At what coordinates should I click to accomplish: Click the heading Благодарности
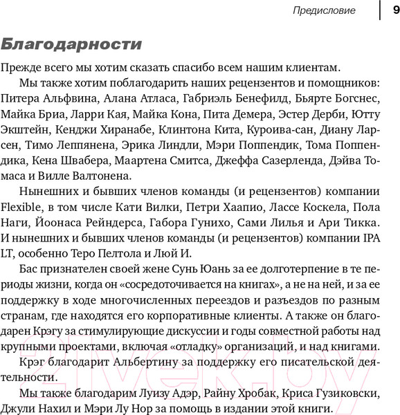coord(72,44)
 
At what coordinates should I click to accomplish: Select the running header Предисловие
coord(324,10)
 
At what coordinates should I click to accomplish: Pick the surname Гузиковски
coord(340,394)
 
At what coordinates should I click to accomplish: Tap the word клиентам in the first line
coord(310,67)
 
